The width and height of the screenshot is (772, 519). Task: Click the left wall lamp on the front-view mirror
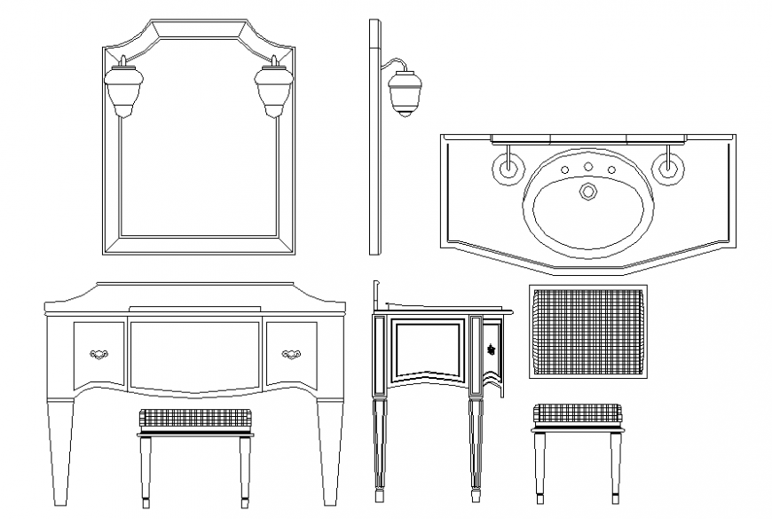122,86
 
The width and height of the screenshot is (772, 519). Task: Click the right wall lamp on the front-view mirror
272,86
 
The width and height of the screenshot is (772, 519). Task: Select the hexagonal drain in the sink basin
587,192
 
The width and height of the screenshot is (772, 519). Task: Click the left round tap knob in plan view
508,166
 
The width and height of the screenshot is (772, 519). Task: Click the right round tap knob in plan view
666,166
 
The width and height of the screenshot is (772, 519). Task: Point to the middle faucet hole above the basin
587,167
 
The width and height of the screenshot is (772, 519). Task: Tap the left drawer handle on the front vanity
99,354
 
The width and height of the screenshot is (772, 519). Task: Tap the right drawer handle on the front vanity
291,354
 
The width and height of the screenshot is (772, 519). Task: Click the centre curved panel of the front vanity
194,355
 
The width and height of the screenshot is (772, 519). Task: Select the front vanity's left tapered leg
60,452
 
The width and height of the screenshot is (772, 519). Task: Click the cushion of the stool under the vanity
194,417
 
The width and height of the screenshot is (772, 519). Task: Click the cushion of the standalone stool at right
578,413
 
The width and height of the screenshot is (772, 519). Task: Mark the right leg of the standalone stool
616,466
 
